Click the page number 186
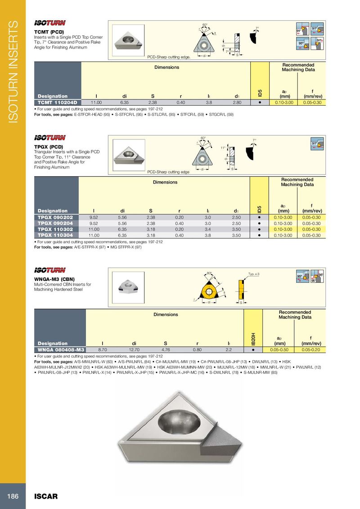[12, 496]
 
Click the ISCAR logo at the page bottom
[46, 496]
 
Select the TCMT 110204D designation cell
[58, 103]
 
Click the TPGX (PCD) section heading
[49, 147]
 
